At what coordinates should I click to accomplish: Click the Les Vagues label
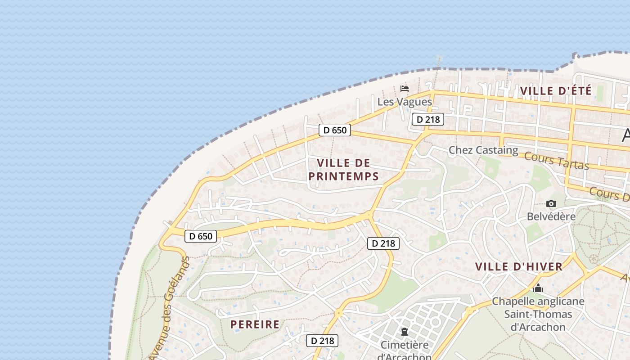click(x=405, y=102)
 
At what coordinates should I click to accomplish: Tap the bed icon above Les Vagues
click(x=405, y=88)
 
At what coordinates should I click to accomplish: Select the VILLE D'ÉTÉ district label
click(x=556, y=90)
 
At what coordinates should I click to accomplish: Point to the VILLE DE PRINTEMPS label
click(x=344, y=169)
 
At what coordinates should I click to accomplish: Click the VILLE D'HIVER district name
click(x=519, y=266)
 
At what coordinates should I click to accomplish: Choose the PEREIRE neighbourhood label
click(x=255, y=324)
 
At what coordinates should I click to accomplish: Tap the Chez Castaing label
click(x=483, y=150)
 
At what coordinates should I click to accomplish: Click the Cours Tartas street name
click(x=557, y=161)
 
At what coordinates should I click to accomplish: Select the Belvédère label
click(x=551, y=216)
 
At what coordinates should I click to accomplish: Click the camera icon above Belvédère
click(x=551, y=204)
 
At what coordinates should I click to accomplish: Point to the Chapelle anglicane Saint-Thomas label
click(x=538, y=314)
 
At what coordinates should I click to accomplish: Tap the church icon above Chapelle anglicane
click(x=538, y=288)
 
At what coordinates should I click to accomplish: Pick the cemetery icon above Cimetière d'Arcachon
click(x=404, y=332)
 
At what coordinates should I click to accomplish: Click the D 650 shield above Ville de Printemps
click(x=334, y=130)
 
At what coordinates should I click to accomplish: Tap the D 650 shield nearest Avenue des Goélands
click(x=201, y=236)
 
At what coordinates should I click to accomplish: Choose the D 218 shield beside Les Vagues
click(x=428, y=119)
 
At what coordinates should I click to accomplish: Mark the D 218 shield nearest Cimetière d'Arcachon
click(x=322, y=341)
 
